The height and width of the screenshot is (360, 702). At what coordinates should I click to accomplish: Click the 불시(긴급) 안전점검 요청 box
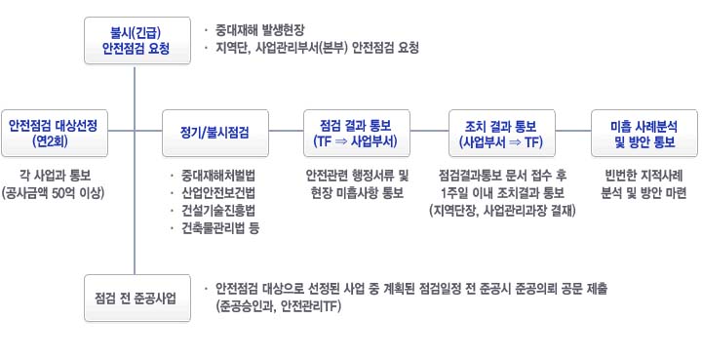[x=136, y=39]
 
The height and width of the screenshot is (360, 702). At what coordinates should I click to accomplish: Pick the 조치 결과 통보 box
[x=499, y=133]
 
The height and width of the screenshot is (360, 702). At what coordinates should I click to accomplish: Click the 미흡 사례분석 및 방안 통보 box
[x=643, y=133]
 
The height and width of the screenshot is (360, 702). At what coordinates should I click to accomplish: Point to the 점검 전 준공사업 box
[x=136, y=297]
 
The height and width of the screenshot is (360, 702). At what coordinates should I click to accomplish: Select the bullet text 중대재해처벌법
[x=217, y=176]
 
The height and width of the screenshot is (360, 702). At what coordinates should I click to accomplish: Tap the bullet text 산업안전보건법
[x=217, y=193]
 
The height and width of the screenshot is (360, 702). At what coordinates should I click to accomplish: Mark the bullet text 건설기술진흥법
[x=217, y=211]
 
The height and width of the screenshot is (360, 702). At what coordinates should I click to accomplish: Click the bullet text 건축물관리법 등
[x=219, y=228]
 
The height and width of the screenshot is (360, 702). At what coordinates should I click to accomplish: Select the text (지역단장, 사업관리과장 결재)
[x=498, y=211]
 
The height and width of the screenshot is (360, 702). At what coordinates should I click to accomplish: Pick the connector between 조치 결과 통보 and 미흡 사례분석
[x=571, y=133]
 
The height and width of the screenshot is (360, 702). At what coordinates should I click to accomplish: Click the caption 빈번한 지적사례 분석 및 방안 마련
[x=643, y=184]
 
